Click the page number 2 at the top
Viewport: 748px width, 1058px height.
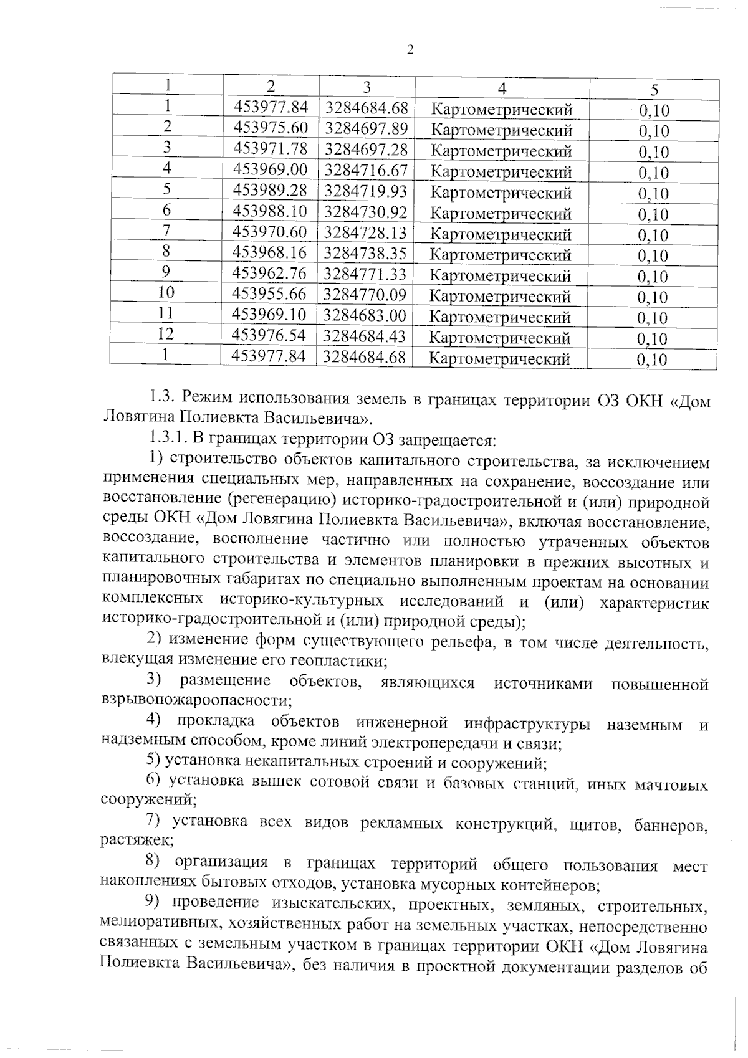(x=410, y=50)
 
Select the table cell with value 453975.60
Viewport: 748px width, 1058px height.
(x=271, y=127)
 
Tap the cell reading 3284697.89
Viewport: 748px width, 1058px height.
(x=366, y=128)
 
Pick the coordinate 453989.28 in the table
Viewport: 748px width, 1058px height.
(x=270, y=189)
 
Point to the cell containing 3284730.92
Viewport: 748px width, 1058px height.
(x=365, y=212)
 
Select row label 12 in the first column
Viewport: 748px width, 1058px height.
(x=165, y=333)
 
